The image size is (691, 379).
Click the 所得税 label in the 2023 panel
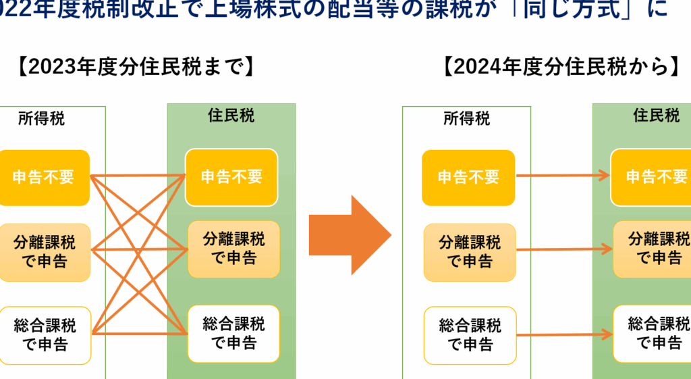coord(42,119)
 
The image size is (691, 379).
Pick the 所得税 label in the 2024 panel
coord(466,119)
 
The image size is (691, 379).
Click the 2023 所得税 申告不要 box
coord(44,178)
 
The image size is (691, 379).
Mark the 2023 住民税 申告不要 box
coord(231,177)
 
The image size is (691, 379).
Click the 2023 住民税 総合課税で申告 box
coord(233,332)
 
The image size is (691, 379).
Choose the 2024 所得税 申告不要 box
coord(468,178)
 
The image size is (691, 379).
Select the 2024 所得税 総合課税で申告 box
coord(470,335)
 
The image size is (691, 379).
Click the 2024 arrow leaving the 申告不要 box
coord(563,177)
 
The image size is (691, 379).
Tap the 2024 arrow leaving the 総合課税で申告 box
coord(564,334)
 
